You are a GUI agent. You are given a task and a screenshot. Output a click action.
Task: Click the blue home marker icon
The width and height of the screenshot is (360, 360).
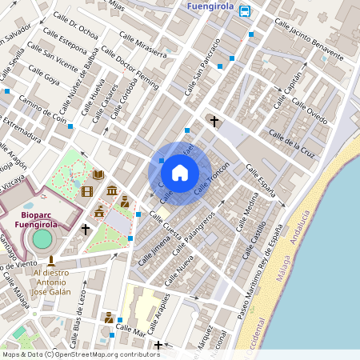pos(180,173)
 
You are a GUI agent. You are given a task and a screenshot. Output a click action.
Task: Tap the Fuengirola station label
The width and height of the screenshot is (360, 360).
pos(209,8)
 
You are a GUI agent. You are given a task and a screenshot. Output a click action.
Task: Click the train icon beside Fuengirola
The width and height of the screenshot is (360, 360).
pos(245,10)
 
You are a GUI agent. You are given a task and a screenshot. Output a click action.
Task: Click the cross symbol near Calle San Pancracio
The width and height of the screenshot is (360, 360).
pos(214,122)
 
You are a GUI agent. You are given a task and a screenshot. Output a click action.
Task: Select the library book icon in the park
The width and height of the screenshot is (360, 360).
pos(98,174)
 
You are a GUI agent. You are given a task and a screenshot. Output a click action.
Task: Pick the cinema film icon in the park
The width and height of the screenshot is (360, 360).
pos(87,191)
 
